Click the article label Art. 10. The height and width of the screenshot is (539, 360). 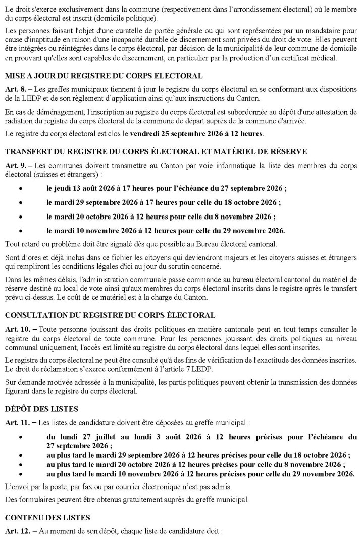(x=17, y=329)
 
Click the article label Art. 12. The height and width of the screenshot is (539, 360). (x=17, y=531)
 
